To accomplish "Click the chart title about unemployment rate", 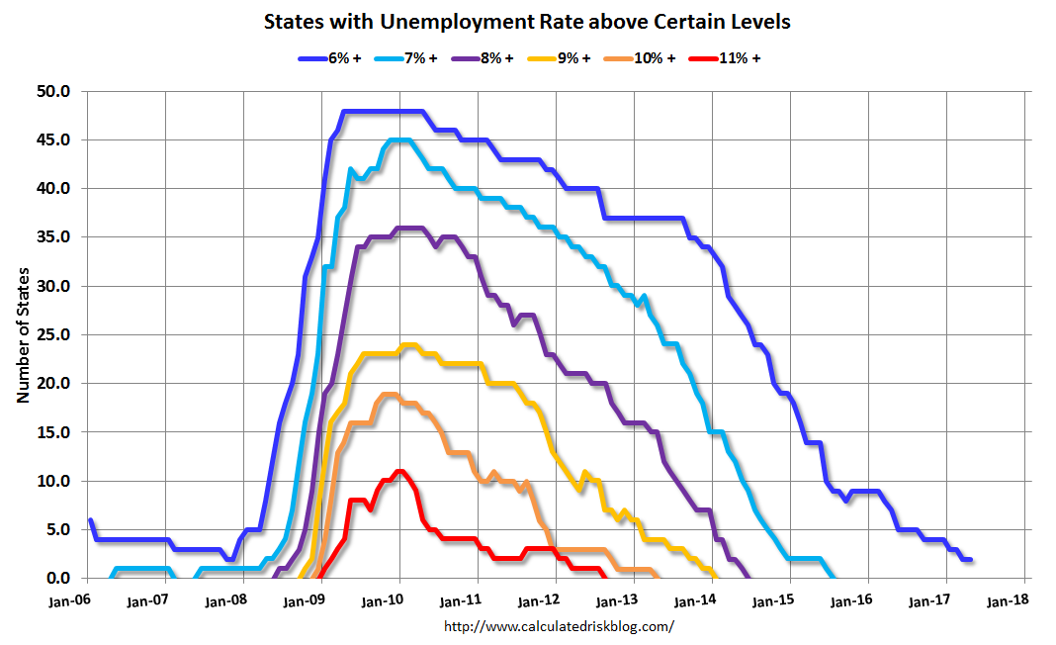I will (527, 21).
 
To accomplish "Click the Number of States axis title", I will (23, 335).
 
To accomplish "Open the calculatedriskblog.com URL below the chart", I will (559, 625).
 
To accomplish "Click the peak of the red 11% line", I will (399, 471).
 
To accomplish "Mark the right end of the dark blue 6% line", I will (971, 559).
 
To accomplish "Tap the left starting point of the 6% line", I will (90, 520).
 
